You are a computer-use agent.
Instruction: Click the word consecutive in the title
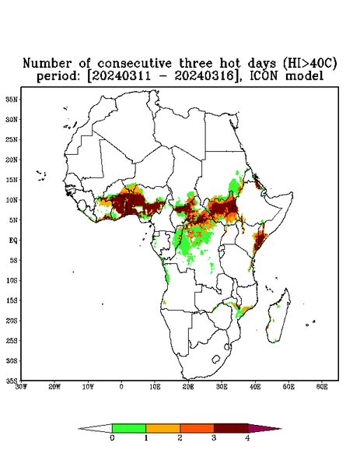click(x=135, y=63)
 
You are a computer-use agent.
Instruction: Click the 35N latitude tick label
click(x=12, y=99)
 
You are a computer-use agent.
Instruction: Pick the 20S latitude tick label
click(x=12, y=321)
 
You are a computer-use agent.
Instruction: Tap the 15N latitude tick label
click(x=12, y=180)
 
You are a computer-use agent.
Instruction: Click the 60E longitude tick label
click(x=322, y=387)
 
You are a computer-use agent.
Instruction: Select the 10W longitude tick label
click(x=88, y=387)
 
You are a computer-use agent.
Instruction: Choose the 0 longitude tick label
click(x=121, y=387)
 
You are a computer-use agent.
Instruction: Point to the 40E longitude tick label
click(x=255, y=387)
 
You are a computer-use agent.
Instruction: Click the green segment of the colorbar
click(x=129, y=428)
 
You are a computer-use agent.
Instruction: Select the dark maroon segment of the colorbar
click(x=231, y=428)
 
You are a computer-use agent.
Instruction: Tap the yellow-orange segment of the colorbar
click(x=163, y=428)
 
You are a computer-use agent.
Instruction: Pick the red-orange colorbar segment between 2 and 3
click(x=197, y=428)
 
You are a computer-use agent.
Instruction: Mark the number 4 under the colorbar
click(x=247, y=438)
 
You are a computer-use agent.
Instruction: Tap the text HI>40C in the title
click(x=310, y=63)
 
